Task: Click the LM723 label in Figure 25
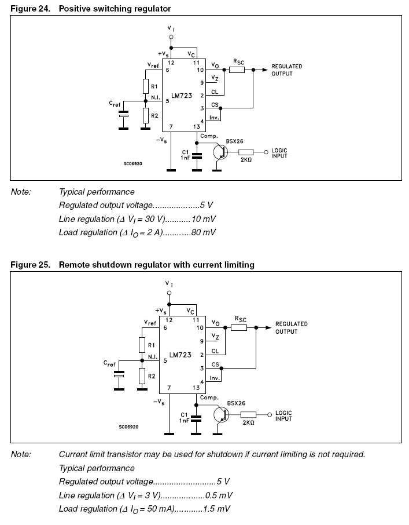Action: coord(181,355)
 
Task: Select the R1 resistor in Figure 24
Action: coord(146,86)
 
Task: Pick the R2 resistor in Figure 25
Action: coord(142,376)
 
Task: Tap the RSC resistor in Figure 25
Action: coord(239,327)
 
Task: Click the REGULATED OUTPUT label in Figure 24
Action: coord(286,70)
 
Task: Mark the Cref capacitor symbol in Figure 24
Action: coord(123,115)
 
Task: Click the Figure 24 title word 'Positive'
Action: coord(75,9)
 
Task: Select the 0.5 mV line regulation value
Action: coord(220,495)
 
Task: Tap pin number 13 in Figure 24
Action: coord(197,126)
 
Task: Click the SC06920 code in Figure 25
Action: coord(127,427)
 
